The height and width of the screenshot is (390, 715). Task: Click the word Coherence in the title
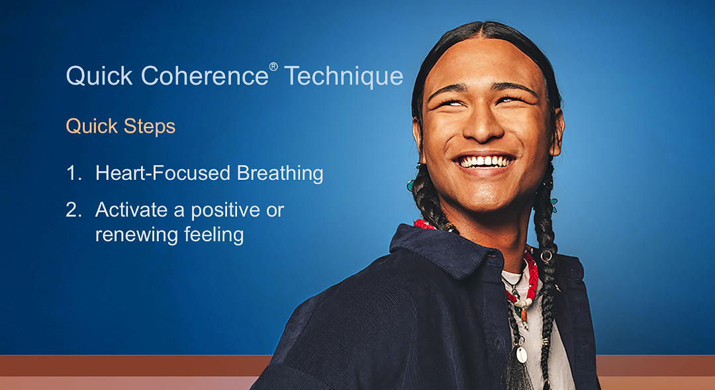tap(205, 76)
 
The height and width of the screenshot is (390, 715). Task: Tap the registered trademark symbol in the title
tap(273, 67)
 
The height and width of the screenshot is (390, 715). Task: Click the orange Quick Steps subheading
tap(120, 126)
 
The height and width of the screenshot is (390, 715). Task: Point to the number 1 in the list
tap(72, 173)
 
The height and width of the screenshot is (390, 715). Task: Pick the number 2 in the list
tap(73, 210)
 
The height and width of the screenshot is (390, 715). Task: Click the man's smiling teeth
tap(487, 161)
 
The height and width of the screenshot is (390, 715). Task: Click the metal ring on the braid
tap(546, 255)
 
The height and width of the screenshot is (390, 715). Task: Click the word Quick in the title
tap(99, 76)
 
